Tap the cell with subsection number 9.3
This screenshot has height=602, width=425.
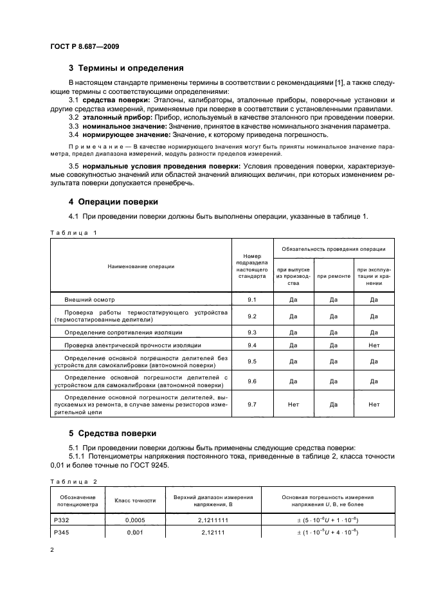pos(252,332)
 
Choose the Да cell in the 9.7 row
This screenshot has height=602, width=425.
pos(334,405)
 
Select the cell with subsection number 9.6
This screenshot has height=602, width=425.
pos(252,381)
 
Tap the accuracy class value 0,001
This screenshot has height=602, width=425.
pos(135,533)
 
